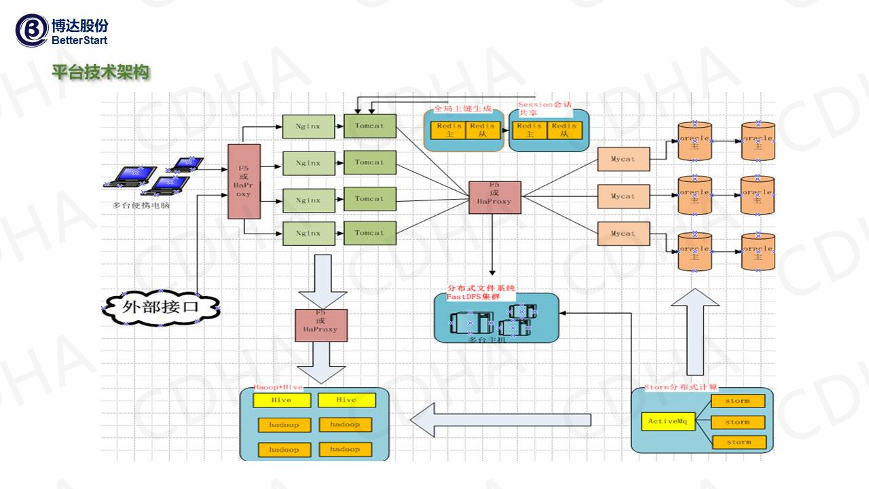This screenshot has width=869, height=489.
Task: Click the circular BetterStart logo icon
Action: click(31, 31)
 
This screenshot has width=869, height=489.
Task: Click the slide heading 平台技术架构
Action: click(100, 72)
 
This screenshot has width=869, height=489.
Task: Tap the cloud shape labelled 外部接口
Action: click(161, 306)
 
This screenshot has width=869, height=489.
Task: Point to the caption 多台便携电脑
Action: click(141, 204)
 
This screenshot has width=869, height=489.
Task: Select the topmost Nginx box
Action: click(308, 126)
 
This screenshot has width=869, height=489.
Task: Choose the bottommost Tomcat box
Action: click(369, 233)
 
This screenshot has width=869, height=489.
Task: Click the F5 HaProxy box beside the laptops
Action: click(244, 181)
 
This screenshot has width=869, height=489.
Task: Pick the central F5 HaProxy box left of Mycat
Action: click(494, 197)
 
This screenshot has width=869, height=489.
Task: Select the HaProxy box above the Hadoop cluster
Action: click(321, 325)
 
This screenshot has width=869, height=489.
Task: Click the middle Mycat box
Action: click(623, 196)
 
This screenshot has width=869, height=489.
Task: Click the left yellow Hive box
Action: click(281, 400)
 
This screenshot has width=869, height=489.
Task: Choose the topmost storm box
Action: click(738, 401)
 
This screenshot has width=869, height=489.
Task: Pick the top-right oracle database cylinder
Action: click(758, 141)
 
